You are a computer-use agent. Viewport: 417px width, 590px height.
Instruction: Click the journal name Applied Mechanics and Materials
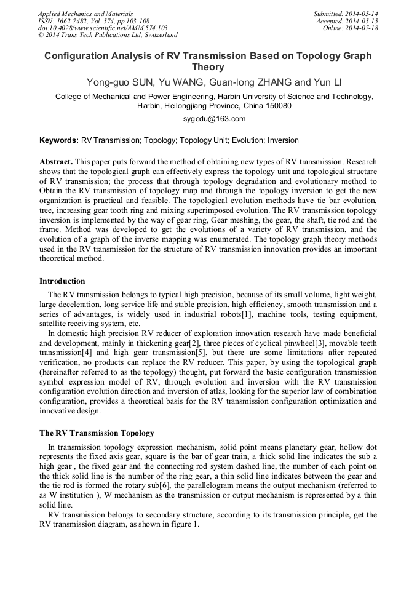(85, 14)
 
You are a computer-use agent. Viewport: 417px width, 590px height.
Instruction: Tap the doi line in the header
(103, 28)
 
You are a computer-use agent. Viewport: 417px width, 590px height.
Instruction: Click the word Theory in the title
(208, 67)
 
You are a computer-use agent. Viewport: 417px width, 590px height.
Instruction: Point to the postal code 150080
(277, 106)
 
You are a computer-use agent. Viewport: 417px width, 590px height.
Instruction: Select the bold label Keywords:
(59, 140)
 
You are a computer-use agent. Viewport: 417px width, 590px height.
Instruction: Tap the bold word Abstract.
(55, 162)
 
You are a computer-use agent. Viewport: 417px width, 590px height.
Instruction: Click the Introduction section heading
(62, 281)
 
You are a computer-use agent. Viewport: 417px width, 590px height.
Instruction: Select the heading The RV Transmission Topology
(97, 433)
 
